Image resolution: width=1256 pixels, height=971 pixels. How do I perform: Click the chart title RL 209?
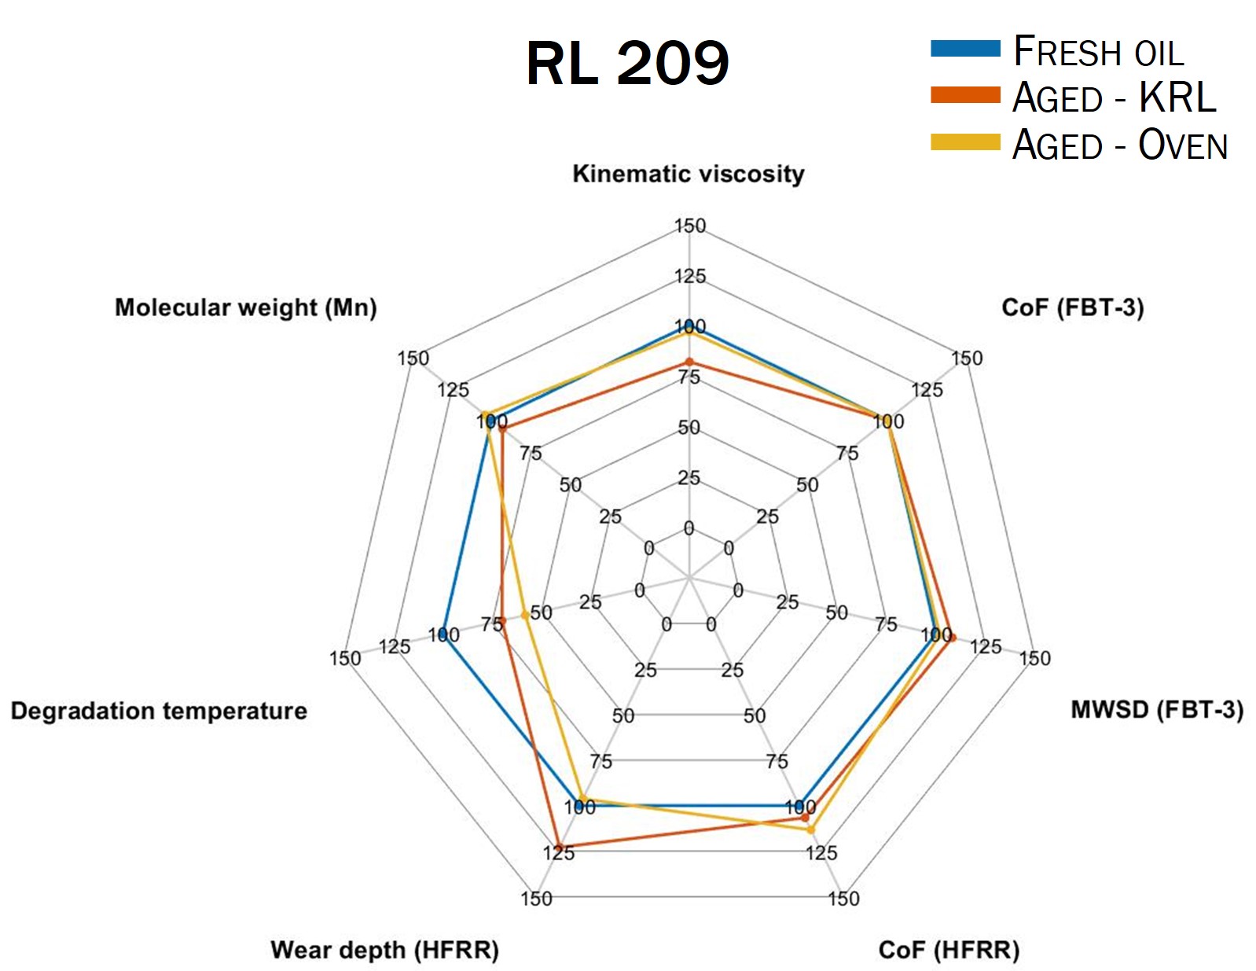tap(627, 63)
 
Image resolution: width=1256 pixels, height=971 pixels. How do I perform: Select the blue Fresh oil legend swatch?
tap(964, 49)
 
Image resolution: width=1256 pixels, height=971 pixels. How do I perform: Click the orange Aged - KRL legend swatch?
tap(964, 96)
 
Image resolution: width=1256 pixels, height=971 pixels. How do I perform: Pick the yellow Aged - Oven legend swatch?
tap(964, 142)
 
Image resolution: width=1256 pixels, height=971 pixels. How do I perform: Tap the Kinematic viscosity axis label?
tap(688, 174)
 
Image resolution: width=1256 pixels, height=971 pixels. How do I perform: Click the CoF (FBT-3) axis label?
tap(1071, 307)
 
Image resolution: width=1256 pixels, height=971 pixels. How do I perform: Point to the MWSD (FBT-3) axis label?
tap(1156, 710)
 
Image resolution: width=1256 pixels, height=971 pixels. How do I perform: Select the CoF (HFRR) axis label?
tap(948, 950)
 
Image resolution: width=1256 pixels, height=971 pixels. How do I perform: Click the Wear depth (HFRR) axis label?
tap(384, 950)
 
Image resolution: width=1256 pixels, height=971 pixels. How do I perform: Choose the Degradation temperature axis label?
tap(159, 711)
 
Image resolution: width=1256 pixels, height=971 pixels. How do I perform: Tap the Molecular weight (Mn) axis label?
tap(246, 307)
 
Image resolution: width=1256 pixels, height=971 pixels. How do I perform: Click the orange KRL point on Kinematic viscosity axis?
tap(689, 362)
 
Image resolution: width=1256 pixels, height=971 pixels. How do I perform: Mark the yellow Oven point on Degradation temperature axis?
tap(525, 615)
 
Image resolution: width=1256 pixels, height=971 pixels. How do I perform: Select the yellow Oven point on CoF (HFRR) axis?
tap(811, 829)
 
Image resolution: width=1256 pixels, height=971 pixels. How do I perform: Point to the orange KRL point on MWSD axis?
tap(952, 638)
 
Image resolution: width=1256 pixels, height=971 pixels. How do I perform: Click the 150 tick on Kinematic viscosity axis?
tap(690, 226)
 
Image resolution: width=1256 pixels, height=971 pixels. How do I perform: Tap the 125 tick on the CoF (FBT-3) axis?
tap(927, 390)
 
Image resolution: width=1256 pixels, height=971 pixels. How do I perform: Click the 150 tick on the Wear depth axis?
tap(536, 898)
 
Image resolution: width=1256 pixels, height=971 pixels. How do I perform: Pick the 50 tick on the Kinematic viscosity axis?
tap(689, 428)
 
